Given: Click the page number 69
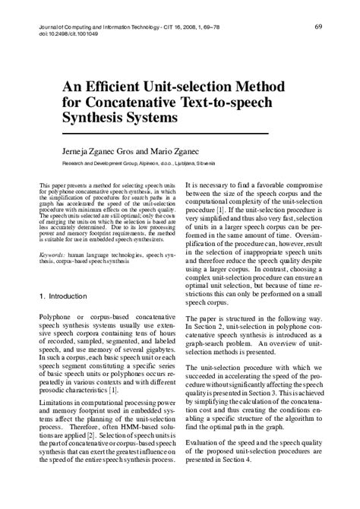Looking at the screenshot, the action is click(x=318, y=27).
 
